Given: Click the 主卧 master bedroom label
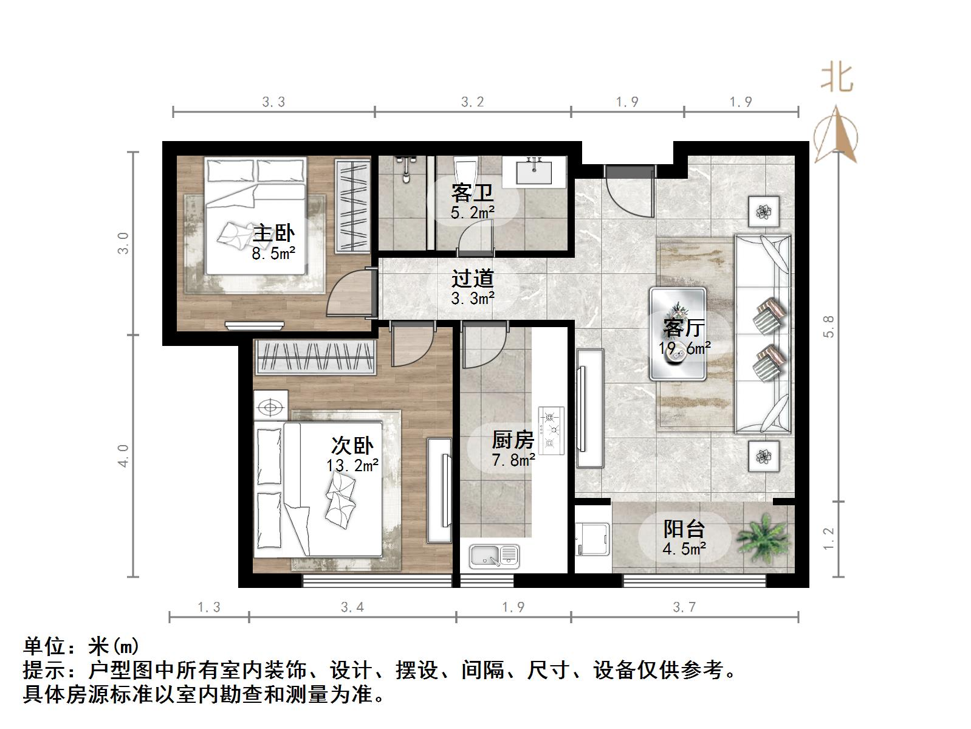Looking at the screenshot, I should click(x=273, y=233).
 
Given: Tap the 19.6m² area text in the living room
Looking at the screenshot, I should click(x=685, y=348).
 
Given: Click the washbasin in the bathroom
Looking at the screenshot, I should click(x=535, y=170).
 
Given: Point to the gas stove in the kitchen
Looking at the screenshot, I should click(x=551, y=430).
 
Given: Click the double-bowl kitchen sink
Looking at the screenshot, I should click(x=494, y=555).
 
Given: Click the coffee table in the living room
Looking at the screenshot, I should click(x=678, y=334).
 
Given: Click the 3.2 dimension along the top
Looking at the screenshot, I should click(x=472, y=102).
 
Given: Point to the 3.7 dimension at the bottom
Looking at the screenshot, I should click(x=684, y=606).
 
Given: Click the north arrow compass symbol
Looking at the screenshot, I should click(x=836, y=135).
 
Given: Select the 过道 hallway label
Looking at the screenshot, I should click(x=472, y=279).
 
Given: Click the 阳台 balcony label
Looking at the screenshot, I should click(x=684, y=528).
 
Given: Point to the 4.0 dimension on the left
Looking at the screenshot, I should click(x=123, y=455).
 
